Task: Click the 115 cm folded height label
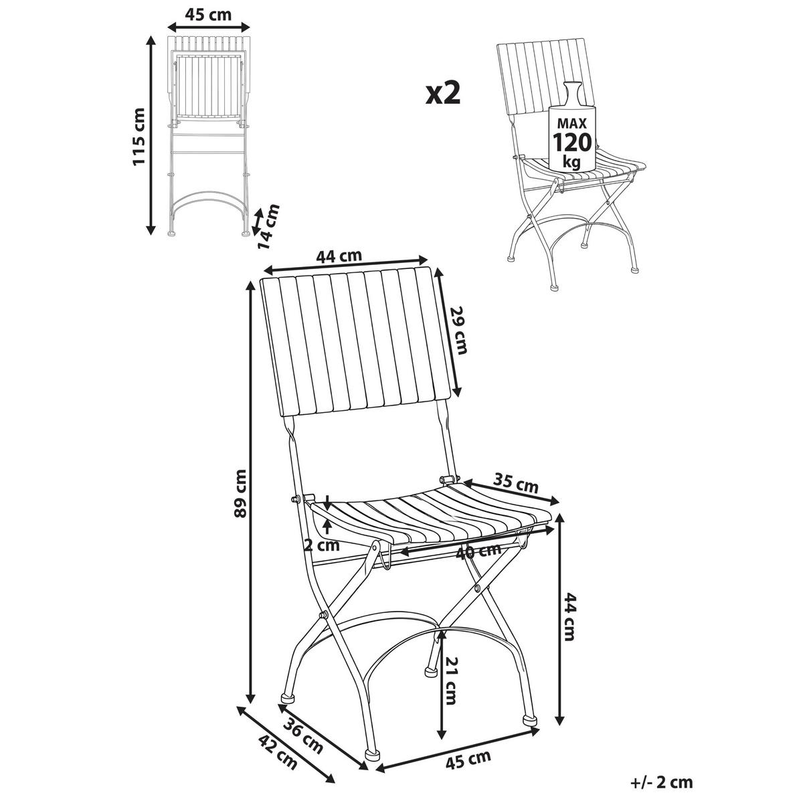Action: [139, 137]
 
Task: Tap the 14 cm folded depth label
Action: [268, 227]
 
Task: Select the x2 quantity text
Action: [443, 94]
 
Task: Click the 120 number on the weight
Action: [572, 142]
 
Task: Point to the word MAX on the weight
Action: [572, 123]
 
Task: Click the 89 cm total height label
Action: [241, 499]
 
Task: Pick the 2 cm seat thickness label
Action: [322, 545]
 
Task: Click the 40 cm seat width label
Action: [478, 552]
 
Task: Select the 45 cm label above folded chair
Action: [208, 15]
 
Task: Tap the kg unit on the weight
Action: [571, 161]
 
